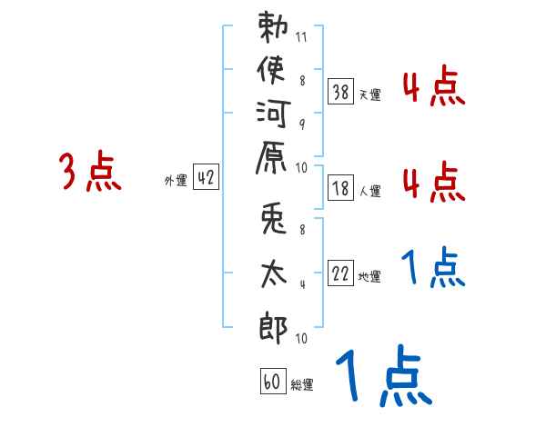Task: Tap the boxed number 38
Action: [x=341, y=90]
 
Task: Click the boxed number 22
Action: [x=341, y=273]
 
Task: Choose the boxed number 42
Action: [x=206, y=178]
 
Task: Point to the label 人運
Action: [x=369, y=191]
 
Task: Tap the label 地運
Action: [x=369, y=277]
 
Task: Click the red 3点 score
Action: [x=90, y=172]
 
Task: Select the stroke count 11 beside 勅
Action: [x=302, y=38]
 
